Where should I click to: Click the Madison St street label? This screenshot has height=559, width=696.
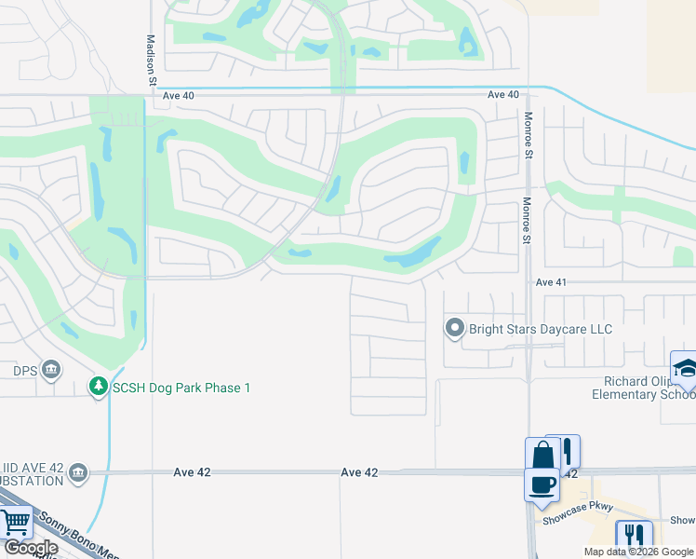152,61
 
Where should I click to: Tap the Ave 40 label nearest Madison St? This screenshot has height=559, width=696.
177,95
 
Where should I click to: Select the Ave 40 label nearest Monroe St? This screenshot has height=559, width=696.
502,95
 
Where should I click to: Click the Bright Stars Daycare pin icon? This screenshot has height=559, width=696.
454,328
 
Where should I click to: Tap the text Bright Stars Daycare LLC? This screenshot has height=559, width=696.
540,329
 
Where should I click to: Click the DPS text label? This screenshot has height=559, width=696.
24,370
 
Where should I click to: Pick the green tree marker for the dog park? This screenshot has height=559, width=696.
98,386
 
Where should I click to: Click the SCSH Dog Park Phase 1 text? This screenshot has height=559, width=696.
181,387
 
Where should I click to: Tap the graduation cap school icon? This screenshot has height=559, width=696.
684,366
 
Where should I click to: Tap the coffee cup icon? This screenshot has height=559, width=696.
541,484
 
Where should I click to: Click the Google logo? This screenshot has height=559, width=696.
32,548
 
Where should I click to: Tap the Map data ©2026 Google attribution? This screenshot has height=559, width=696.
637,552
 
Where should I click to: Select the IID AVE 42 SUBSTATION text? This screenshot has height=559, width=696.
33,473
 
